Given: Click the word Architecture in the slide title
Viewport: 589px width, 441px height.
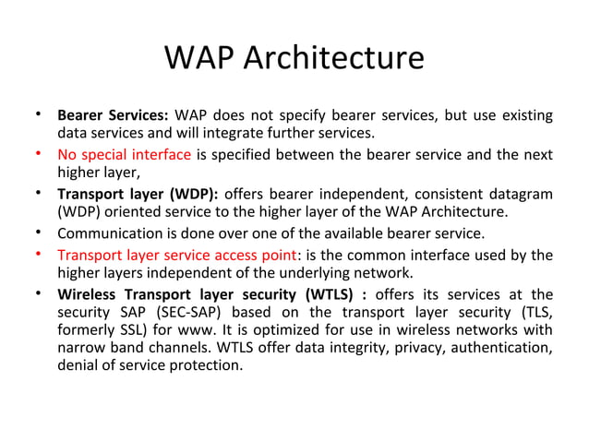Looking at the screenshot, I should pos(335,57).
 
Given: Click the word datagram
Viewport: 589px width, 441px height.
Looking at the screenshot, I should pos(521,194).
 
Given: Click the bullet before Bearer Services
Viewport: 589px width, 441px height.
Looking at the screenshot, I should pos(38,115).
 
